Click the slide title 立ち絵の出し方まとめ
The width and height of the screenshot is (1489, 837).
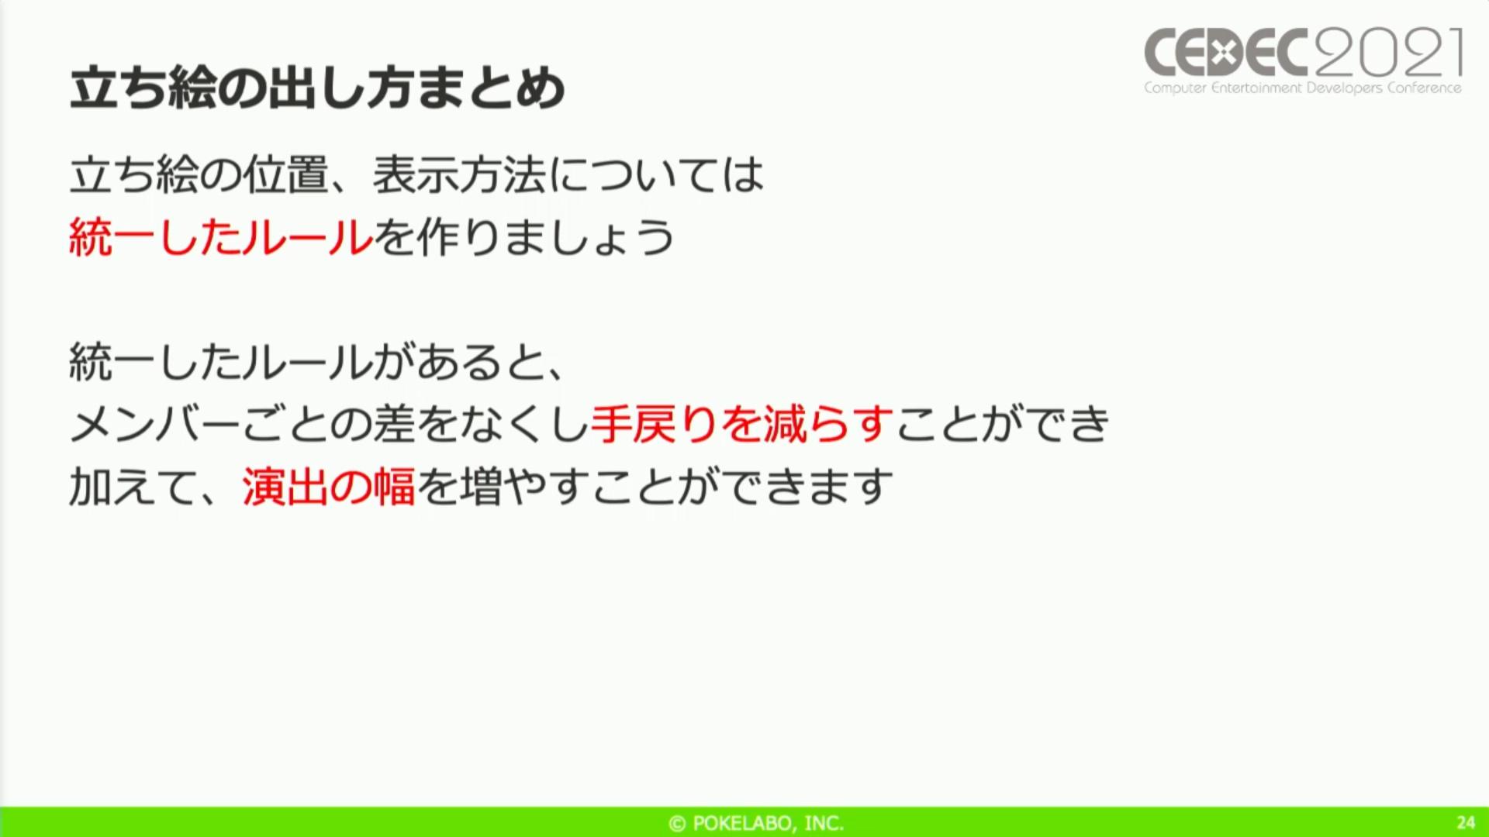[x=317, y=88]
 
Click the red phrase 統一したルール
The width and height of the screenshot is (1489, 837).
[x=221, y=237]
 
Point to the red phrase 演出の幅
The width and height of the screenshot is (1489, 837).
[x=329, y=487]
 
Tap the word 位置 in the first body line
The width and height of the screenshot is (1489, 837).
[x=286, y=174]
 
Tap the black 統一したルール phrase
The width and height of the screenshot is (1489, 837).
[x=221, y=361]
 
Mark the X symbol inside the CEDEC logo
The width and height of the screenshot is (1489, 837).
[x=1224, y=53]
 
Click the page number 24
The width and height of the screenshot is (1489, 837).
[x=1466, y=822]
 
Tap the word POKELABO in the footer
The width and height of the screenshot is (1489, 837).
[x=742, y=823]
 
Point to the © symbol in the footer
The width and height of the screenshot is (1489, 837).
[x=677, y=823]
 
